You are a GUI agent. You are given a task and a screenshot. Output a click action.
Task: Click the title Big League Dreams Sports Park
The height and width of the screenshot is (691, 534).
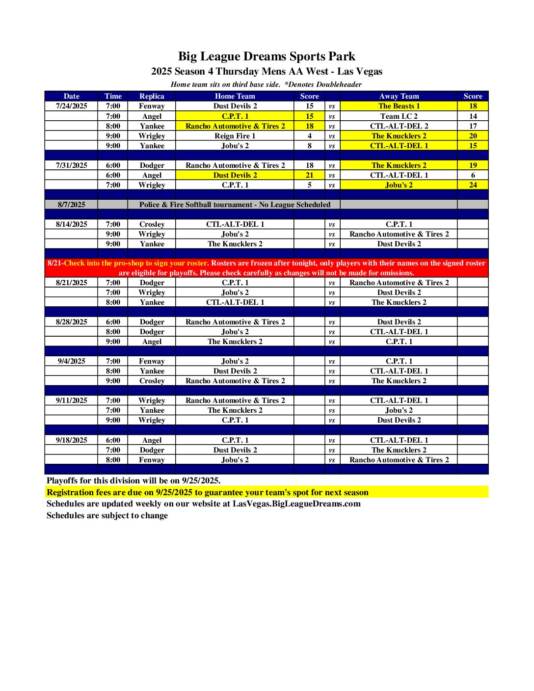tap(267, 56)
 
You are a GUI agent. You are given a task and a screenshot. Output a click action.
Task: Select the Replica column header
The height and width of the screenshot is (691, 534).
tap(152, 96)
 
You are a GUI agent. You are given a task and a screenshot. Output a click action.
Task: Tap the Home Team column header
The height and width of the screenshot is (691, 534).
tap(235, 96)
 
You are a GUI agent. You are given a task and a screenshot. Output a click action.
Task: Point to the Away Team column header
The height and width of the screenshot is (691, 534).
tap(399, 96)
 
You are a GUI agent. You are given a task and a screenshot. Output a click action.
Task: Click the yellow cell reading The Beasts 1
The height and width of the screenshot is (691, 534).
tap(399, 106)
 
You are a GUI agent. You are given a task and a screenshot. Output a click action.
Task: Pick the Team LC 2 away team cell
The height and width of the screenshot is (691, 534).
tap(399, 116)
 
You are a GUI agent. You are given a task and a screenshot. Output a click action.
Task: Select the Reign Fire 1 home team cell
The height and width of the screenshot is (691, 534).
tap(235, 136)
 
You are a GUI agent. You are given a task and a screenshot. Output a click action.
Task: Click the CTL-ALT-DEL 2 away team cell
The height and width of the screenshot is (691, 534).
tap(399, 126)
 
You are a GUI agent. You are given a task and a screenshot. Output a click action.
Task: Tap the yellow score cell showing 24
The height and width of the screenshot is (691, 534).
tap(473, 185)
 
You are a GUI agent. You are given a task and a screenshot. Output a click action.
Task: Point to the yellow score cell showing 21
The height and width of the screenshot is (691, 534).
tap(309, 175)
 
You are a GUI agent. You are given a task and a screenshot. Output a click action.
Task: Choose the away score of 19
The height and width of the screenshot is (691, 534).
tap(473, 165)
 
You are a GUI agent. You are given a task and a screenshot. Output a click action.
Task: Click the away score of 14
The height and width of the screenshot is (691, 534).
tap(473, 116)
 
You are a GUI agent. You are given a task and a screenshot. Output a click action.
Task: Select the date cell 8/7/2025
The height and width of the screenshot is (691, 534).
tap(71, 205)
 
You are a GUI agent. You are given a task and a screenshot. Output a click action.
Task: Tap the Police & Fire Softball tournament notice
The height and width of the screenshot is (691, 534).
tap(235, 205)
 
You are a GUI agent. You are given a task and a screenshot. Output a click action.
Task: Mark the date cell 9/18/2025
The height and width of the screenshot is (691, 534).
tap(71, 440)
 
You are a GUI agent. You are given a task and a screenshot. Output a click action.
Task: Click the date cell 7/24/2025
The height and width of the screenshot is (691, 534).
tap(71, 106)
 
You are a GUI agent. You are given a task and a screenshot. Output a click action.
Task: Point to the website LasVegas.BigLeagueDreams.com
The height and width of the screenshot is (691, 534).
tap(296, 504)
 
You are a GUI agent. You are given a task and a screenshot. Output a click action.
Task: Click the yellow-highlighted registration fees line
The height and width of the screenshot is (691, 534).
tap(207, 492)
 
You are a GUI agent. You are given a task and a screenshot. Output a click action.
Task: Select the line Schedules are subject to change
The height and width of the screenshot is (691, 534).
tap(107, 515)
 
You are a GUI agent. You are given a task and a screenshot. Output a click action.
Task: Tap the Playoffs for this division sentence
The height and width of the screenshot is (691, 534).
tap(133, 480)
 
